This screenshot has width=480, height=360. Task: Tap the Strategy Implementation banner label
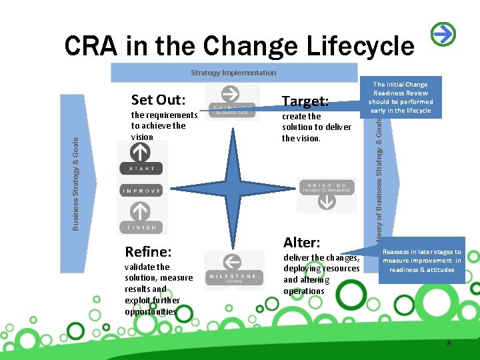pos(233,72)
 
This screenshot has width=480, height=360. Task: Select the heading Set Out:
pos(158,100)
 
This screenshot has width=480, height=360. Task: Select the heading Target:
pos(305,101)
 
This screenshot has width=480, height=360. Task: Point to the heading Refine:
pos(149,251)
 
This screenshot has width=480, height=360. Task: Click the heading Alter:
pos(302,242)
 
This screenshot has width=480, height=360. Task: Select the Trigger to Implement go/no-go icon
pos(326,193)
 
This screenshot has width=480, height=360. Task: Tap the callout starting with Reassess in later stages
pos(421,261)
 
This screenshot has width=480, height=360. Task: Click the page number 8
pos(449,343)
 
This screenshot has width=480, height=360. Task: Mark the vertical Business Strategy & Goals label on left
pos(75,183)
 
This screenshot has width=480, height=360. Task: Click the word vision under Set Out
pos(142,137)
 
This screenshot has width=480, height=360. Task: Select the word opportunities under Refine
pos(151,311)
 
